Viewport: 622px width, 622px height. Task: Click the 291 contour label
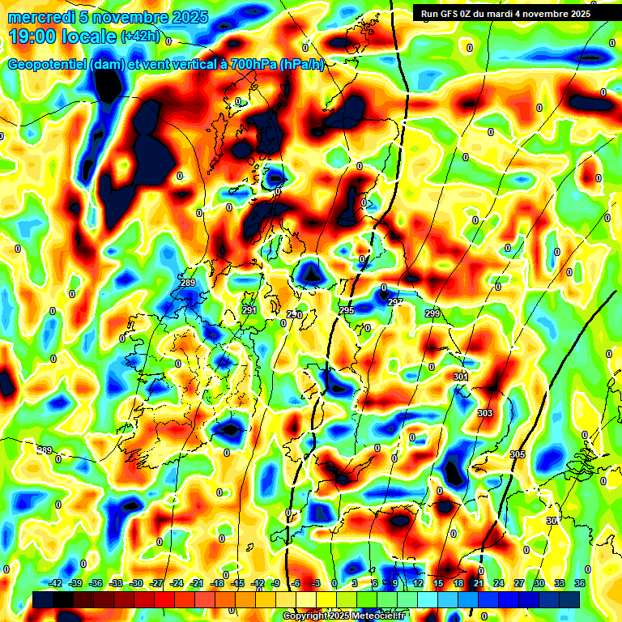pyautogui.click(x=249, y=310)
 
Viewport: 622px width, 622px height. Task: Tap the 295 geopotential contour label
pyautogui.click(x=347, y=310)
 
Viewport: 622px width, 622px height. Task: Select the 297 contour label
pyautogui.click(x=395, y=302)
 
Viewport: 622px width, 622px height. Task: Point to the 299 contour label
pyautogui.click(x=432, y=313)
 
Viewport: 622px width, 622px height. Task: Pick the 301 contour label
pyautogui.click(x=461, y=377)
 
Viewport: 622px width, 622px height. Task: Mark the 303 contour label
pyautogui.click(x=485, y=413)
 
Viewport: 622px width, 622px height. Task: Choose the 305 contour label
pyautogui.click(x=518, y=454)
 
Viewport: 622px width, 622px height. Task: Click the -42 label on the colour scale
pyautogui.click(x=56, y=583)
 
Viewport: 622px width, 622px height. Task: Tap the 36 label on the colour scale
pyautogui.click(x=580, y=583)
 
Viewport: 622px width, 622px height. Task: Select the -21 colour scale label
pyautogui.click(x=197, y=583)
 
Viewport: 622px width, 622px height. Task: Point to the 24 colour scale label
pyautogui.click(x=499, y=583)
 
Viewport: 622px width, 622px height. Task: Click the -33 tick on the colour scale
pyautogui.click(x=117, y=583)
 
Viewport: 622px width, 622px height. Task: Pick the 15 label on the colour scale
pyautogui.click(x=438, y=583)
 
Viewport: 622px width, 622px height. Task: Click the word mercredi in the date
pyautogui.click(x=40, y=17)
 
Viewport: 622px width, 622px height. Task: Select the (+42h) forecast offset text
pyautogui.click(x=140, y=37)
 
